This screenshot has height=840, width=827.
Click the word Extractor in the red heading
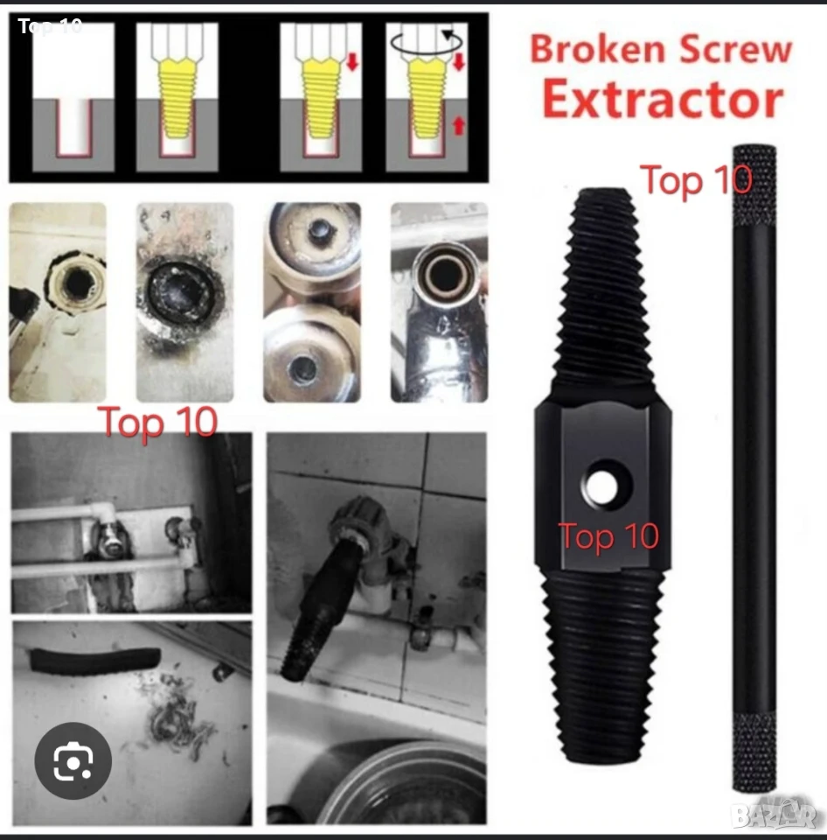[663, 100]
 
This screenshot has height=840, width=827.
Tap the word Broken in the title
[599, 49]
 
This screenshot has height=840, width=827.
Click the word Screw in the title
[736, 49]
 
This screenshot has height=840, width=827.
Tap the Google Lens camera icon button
[73, 760]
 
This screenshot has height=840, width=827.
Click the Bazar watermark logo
[775, 815]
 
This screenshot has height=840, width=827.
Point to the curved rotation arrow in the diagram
[426, 43]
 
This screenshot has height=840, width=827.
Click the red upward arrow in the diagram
[459, 126]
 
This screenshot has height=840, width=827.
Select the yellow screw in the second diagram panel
[177, 99]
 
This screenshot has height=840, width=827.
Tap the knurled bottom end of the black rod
[754, 751]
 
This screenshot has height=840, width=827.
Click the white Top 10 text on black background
[50, 25]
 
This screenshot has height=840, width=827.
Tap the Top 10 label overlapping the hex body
[608, 535]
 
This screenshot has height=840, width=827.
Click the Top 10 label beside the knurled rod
[696, 180]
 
